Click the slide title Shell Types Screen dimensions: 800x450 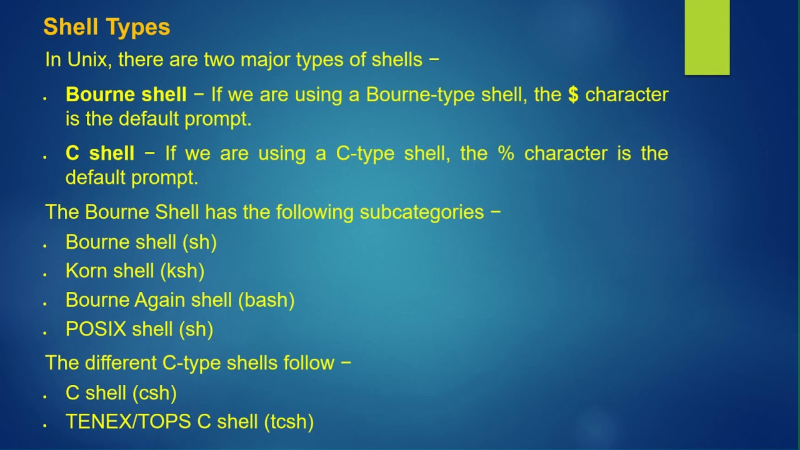click(106, 27)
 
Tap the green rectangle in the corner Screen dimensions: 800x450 click(707, 37)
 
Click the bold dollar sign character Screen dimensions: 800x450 click(573, 94)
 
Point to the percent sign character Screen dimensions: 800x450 click(506, 153)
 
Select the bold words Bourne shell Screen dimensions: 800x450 click(126, 94)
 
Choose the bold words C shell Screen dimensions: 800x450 click(100, 153)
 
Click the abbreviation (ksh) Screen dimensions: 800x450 click(182, 271)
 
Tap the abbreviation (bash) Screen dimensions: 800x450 click(266, 300)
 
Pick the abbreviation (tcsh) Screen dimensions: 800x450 click(289, 422)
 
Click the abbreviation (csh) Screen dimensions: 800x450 click(154, 393)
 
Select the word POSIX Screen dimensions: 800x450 click(96, 329)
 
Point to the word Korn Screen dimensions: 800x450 click(87, 271)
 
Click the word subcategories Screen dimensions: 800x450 click(422, 212)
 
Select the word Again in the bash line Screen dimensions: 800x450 click(159, 301)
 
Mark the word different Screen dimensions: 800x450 click(121, 363)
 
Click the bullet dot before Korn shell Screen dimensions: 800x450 click(44, 274)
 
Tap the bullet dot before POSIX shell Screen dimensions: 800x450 click(44, 333)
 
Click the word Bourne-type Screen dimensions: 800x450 click(420, 95)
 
